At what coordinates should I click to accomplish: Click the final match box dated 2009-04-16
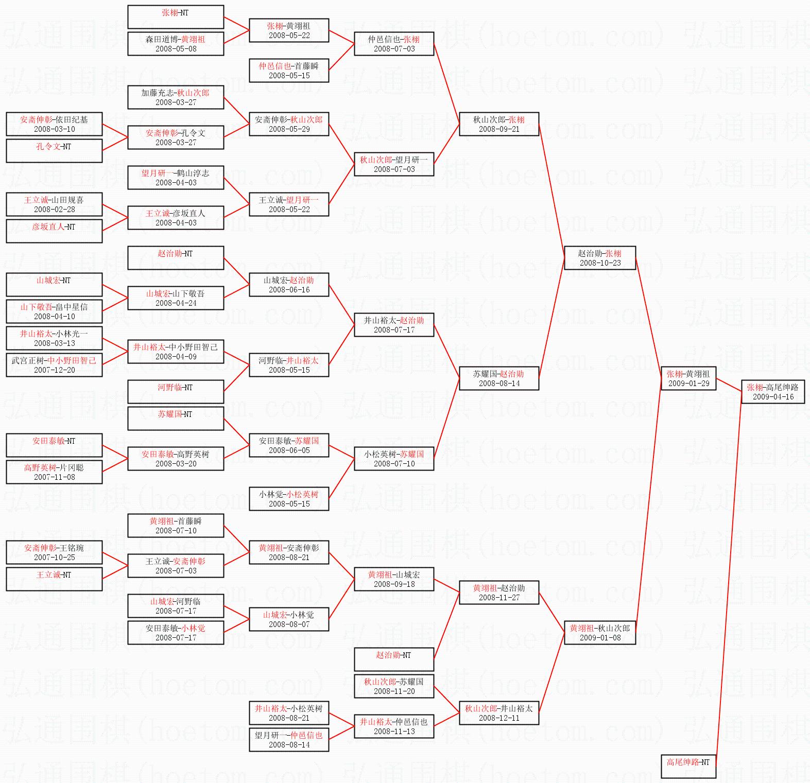coord(773,392)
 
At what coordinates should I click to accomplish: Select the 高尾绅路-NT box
coord(688,767)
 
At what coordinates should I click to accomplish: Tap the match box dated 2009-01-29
coord(688,378)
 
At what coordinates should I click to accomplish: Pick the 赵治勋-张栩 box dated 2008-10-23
coord(600,258)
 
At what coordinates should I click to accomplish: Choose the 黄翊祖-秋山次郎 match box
coord(600,633)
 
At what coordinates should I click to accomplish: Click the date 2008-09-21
coord(499,129)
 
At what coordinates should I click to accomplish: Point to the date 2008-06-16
coord(289,290)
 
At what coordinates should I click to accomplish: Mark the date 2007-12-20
coord(54,370)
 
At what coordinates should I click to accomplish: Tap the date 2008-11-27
coord(499,598)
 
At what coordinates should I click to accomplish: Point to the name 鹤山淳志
coord(193,173)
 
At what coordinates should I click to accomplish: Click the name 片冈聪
coord(72,467)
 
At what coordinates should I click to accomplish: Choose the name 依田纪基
coord(72,119)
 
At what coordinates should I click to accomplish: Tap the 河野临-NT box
coord(176,392)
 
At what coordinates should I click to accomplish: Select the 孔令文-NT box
coord(54,151)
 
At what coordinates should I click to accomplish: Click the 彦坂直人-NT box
coord(54,231)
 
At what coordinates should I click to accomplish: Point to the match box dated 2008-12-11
coord(499,713)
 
